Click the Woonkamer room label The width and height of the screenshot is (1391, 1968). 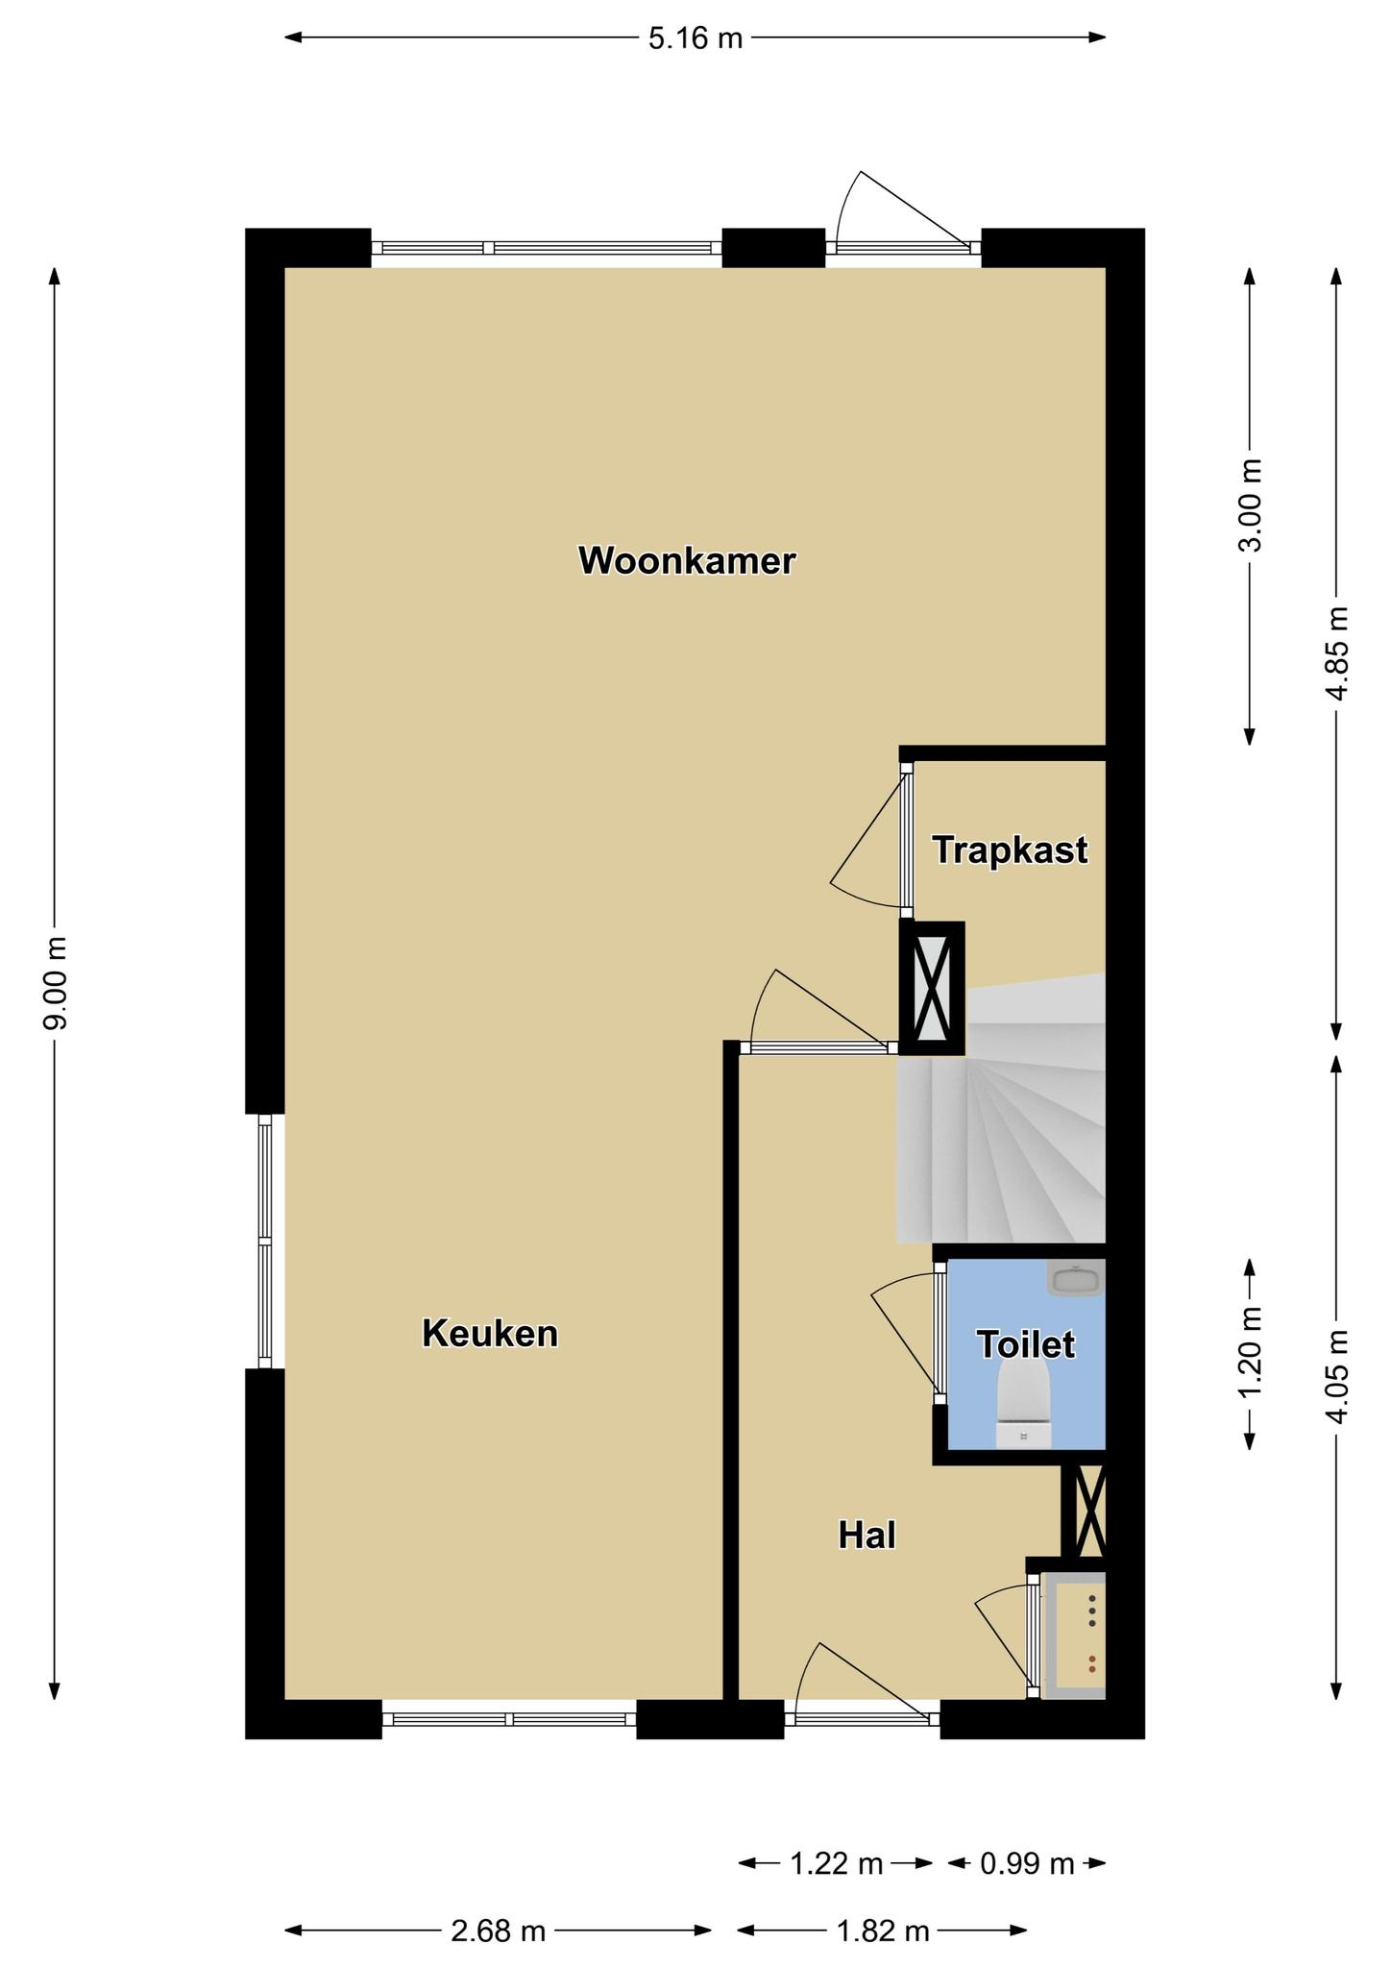click(x=687, y=561)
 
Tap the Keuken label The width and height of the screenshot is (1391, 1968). click(x=490, y=1334)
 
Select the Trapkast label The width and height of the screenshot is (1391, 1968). click(x=1010, y=850)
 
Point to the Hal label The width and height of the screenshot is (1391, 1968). click(x=866, y=1536)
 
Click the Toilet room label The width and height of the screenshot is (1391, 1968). click(x=1025, y=1344)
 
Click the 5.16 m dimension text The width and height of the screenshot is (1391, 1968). click(x=695, y=38)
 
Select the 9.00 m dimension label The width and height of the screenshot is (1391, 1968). click(x=56, y=983)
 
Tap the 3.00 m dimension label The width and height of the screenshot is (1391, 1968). click(x=1251, y=505)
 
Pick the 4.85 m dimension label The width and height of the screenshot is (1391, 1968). click(x=1337, y=654)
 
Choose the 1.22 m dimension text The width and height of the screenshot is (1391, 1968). click(x=836, y=1864)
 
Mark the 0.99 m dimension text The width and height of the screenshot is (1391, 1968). click(x=1026, y=1864)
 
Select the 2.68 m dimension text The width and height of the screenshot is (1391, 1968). click(x=499, y=1931)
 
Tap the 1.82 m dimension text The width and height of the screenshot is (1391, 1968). click(x=883, y=1931)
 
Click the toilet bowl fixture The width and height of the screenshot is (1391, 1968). click(x=1023, y=1403)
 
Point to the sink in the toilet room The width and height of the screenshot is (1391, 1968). click(x=1076, y=1279)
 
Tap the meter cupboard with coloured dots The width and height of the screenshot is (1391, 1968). click(x=1074, y=1636)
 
